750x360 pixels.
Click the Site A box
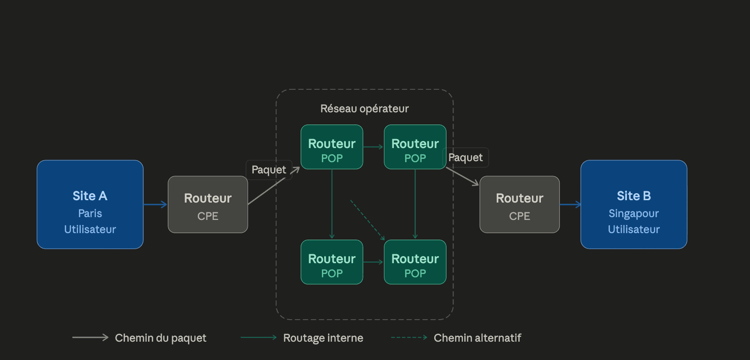[90, 204]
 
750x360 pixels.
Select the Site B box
[633, 204]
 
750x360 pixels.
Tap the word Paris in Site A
[90, 213]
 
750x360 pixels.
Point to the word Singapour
[633, 214]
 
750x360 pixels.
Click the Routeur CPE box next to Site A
[208, 204]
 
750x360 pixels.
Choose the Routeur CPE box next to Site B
[519, 204]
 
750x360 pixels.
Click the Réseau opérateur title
[364, 109]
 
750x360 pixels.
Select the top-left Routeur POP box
[332, 147]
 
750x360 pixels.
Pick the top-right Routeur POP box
[415, 147]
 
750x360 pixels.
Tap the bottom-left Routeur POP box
[332, 262]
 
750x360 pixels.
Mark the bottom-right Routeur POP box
[415, 262]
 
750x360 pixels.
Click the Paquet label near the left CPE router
[269, 170]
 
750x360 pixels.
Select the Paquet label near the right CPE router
[465, 157]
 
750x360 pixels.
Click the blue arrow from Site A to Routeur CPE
[156, 204]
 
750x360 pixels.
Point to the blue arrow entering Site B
[570, 204]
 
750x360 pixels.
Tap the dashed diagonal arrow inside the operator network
[367, 220]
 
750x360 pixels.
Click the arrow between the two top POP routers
[373, 147]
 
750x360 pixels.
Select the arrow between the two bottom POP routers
[373, 262]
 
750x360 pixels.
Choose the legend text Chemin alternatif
[477, 338]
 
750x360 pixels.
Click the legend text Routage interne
[323, 338]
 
